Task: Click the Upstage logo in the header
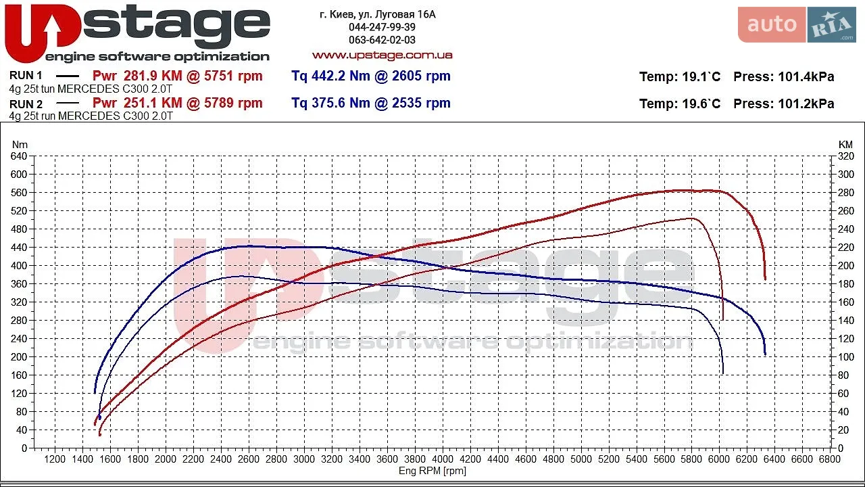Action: coord(137,34)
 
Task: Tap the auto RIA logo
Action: coord(797,24)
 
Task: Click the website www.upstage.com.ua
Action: coord(382,55)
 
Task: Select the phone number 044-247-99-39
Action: coord(382,27)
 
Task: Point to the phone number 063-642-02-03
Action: coord(382,40)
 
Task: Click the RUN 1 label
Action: coord(26,75)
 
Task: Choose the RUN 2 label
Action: coord(26,104)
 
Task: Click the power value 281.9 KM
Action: coord(153,76)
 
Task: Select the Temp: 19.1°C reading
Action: coord(680,76)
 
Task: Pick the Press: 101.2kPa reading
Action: coord(783,103)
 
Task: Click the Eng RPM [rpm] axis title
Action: coord(432,471)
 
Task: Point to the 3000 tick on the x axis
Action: coord(304,459)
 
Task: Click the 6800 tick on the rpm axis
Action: coord(829,459)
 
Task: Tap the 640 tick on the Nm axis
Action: coord(18,156)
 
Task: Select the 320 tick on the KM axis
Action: coord(845,156)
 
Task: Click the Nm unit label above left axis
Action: coord(20,145)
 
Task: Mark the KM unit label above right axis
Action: coord(845,145)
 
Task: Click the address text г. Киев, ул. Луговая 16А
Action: coord(378,15)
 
